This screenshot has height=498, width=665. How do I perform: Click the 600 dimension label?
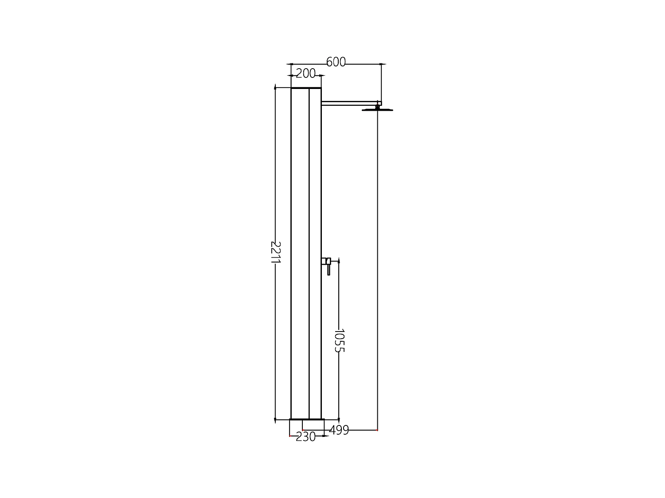point(336,62)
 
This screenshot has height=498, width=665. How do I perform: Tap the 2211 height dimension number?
point(276,252)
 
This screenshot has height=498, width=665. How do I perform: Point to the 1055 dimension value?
point(339,340)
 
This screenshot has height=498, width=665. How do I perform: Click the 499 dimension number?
point(339,430)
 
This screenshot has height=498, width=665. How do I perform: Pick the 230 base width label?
point(305,437)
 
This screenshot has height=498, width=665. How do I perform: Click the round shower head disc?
point(377,109)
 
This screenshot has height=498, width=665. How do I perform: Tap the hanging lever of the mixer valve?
point(329,270)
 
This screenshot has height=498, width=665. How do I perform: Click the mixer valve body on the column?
point(325,261)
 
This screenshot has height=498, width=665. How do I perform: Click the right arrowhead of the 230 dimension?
point(325,436)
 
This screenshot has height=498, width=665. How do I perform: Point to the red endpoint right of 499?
point(377,430)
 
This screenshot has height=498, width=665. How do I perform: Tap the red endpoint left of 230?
point(289,436)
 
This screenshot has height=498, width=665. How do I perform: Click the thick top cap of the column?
point(306,89)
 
